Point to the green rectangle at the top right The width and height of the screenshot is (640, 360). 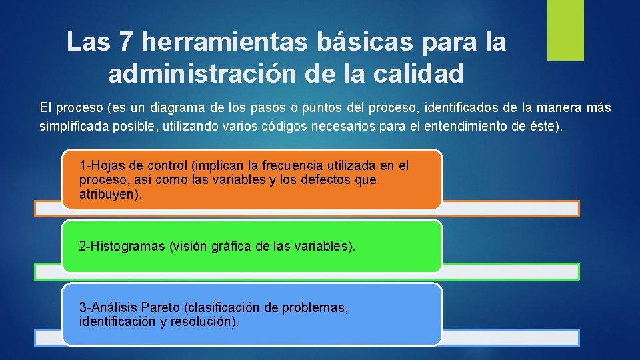pos(565,30)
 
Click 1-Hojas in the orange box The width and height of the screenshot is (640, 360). pos(98,165)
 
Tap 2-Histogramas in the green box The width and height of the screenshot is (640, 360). pos(122,246)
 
